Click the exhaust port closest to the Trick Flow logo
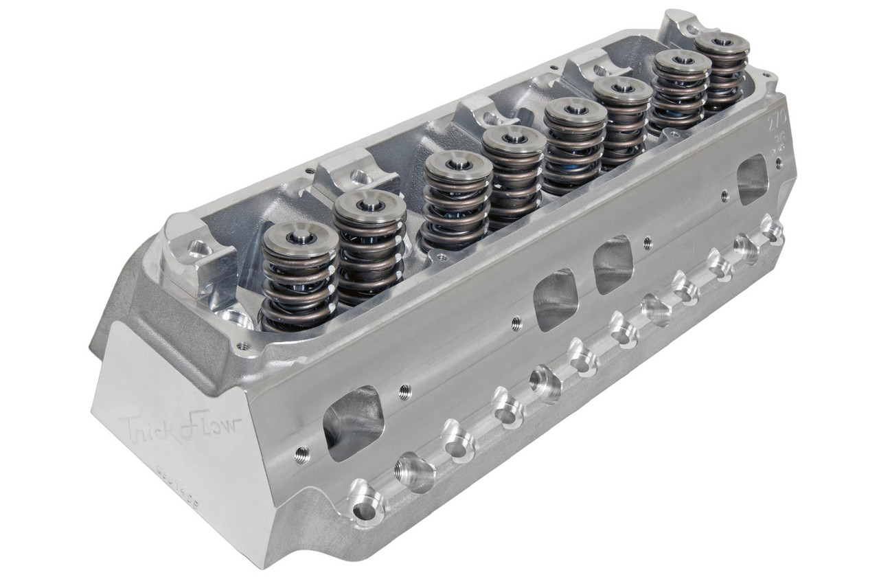pyautogui.click(x=353, y=422)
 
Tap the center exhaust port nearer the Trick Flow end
pyautogui.click(x=555, y=299)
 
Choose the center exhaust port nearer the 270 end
pyautogui.click(x=613, y=264)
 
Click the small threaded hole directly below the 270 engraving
pyautogui.click(x=778, y=164)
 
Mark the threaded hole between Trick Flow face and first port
pyautogui.click(x=301, y=454)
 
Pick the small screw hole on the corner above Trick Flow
pyautogui.click(x=242, y=346)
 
